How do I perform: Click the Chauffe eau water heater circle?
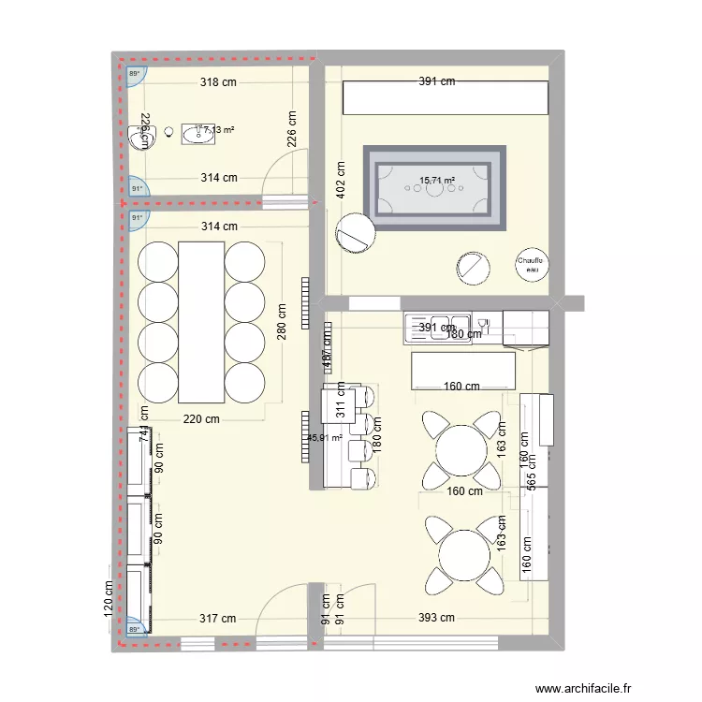533,265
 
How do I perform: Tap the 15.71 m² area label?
437,181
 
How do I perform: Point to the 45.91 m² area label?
324,436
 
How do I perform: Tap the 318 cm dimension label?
218,82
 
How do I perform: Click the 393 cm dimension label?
435,618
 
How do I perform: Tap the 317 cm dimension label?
217,618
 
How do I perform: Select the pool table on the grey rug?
434,187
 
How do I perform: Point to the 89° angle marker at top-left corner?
134,75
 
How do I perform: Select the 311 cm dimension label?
341,402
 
